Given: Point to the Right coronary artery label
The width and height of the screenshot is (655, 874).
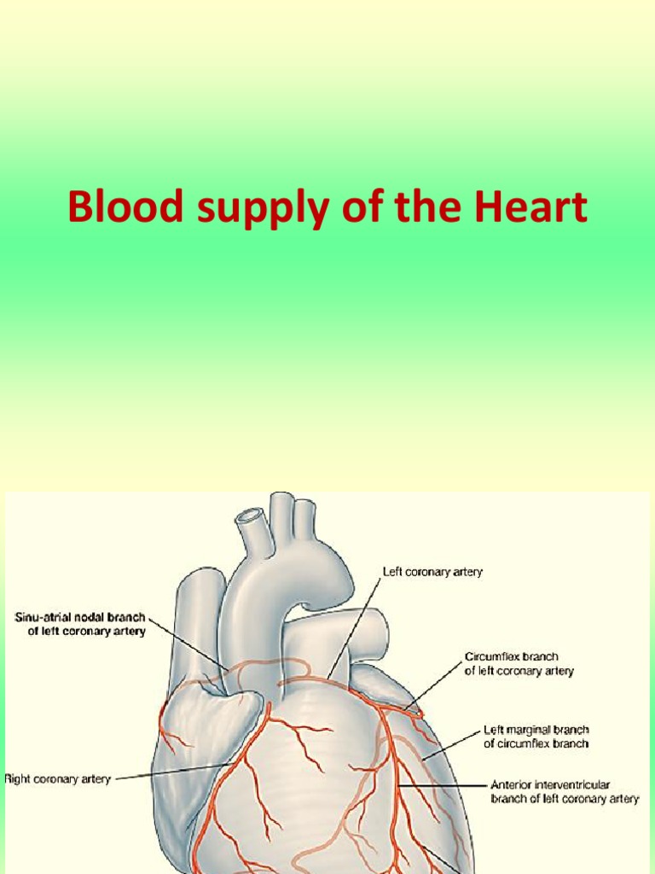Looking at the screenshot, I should pos(57,778).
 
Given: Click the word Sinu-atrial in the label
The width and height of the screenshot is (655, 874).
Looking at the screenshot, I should pos(49,617).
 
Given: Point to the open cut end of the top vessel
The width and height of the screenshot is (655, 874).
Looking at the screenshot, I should pos(249,516).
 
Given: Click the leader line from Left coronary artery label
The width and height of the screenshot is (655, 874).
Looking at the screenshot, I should pos(354,627).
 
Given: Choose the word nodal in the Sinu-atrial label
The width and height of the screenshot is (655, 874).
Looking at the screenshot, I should pos(94,617).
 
